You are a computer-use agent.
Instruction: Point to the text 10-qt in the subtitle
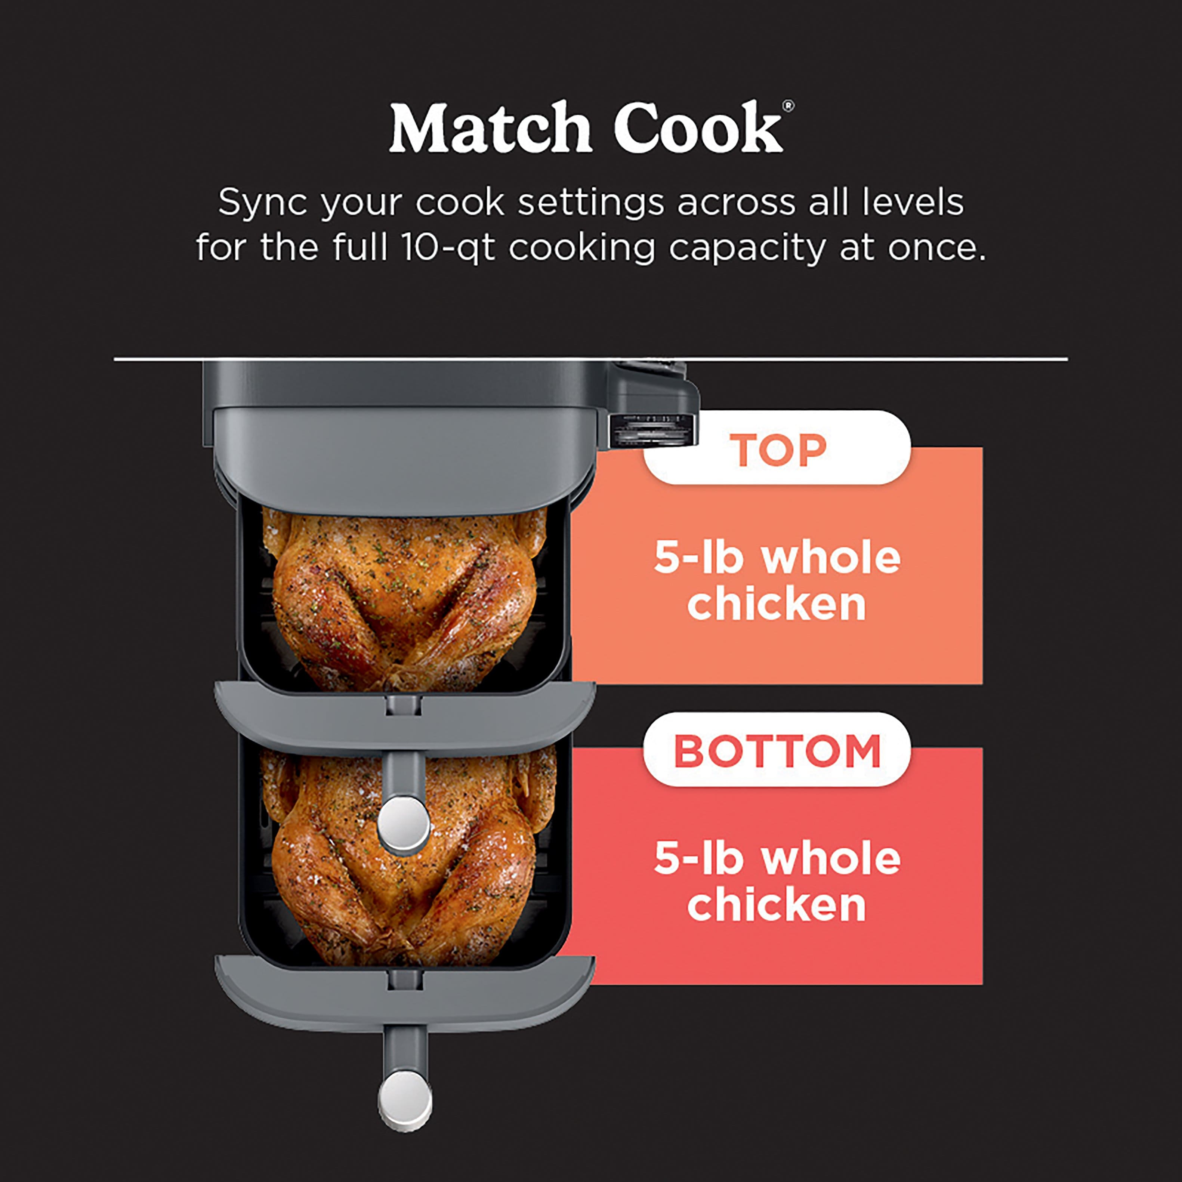448,248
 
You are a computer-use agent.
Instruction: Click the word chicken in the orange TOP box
777,605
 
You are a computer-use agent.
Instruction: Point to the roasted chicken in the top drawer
404,596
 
